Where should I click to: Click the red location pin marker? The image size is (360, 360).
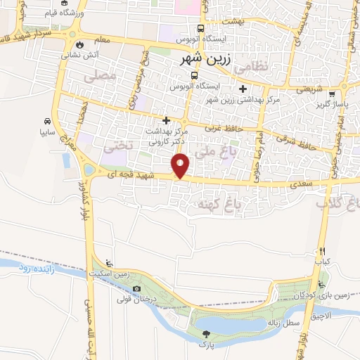pyautogui.click(x=181, y=167)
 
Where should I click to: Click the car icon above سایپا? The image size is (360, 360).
pyautogui.click(x=46, y=120)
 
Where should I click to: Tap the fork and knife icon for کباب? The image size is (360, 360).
pyautogui.click(x=322, y=251)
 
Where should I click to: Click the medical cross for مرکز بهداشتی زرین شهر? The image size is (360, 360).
pyautogui.click(x=243, y=89)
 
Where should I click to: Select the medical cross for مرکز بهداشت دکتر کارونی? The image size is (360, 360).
pyautogui.click(x=166, y=120)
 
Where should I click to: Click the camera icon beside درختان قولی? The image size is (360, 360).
pyautogui.click(x=136, y=288)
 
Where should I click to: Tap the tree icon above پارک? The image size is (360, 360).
pyautogui.click(x=206, y=335)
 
